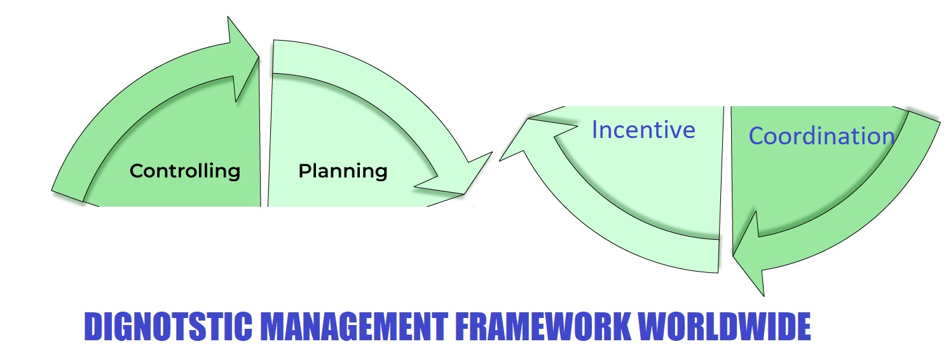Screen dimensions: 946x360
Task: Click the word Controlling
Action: point(185,171)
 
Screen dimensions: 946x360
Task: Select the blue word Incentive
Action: point(643,130)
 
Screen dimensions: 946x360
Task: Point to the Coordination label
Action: point(821,136)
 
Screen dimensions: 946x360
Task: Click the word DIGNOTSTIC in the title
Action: point(168,326)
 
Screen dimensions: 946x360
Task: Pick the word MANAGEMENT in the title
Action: point(354,326)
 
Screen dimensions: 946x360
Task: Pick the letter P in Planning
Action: point(305,171)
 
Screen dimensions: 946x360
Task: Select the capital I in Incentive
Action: point(594,130)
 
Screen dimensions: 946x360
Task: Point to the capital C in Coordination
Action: point(757,136)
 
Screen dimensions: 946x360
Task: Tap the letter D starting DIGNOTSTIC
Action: point(93,326)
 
